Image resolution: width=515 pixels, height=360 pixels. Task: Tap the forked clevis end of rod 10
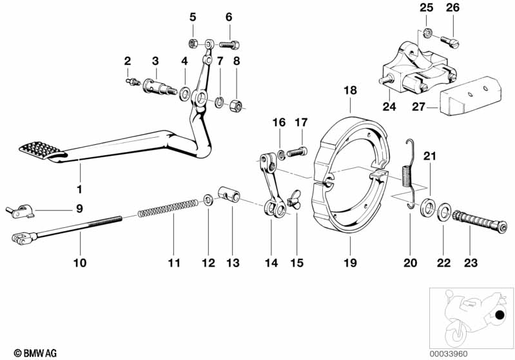click(x=20, y=240)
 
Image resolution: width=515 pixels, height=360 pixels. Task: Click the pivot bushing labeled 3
click(x=159, y=86)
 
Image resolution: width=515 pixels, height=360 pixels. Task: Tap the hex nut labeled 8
click(x=236, y=103)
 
